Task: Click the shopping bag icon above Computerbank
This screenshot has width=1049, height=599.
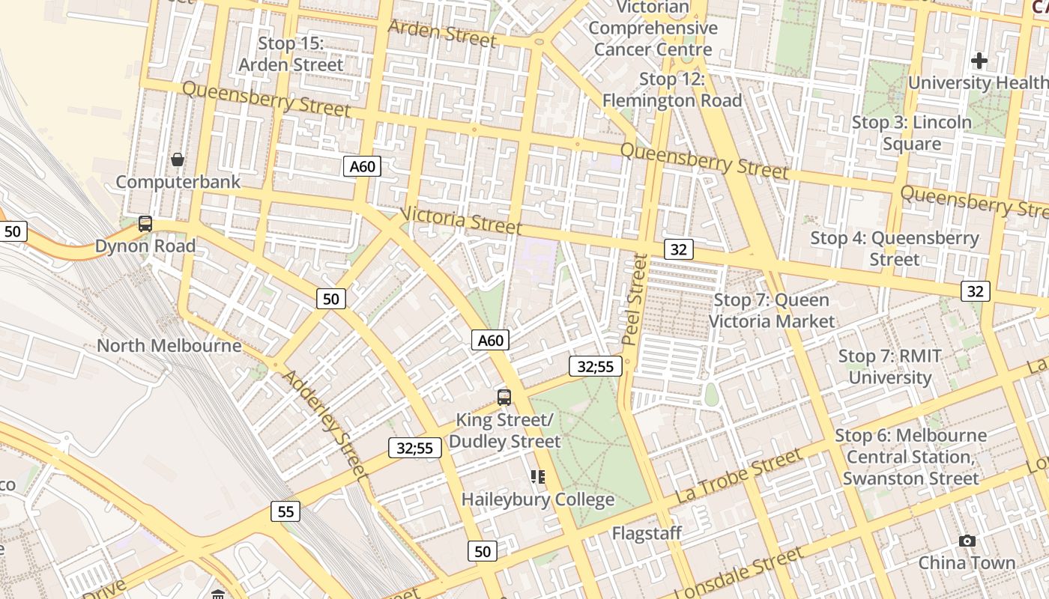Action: [178, 159]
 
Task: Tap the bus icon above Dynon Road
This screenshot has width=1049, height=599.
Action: [145, 223]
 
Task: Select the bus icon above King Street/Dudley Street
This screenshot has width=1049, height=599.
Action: [504, 397]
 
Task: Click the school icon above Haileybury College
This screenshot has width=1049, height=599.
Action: [537, 476]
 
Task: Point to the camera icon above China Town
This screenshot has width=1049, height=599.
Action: [967, 541]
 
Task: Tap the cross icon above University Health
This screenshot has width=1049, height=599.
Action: [979, 61]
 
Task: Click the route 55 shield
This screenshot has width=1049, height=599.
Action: [285, 511]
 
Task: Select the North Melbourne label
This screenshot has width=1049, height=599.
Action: [169, 345]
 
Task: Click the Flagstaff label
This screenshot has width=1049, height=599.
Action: [647, 533]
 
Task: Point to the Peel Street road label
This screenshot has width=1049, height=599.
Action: [635, 299]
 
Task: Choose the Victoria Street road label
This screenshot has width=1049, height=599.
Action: [461, 219]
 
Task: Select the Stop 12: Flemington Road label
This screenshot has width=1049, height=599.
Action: [672, 90]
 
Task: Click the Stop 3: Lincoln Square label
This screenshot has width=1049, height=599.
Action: [912, 133]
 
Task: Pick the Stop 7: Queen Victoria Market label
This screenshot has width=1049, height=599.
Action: [772, 311]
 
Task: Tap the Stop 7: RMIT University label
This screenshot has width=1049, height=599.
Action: [890, 367]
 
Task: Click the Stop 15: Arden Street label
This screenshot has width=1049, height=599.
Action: [291, 54]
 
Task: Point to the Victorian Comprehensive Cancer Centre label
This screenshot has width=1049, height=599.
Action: [653, 28]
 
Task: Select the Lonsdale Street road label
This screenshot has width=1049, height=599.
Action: [744, 573]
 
